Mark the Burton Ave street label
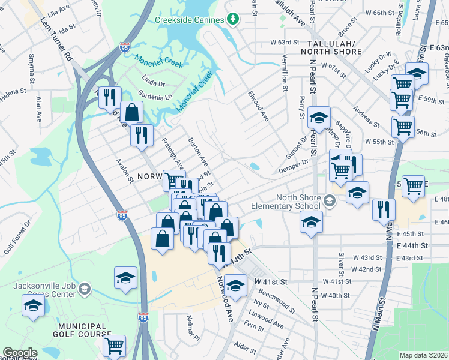click(198, 154)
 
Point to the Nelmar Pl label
click(193, 327)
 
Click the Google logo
click(20, 353)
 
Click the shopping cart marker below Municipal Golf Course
click(114, 346)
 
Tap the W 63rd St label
click(285, 43)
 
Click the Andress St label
click(366, 114)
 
